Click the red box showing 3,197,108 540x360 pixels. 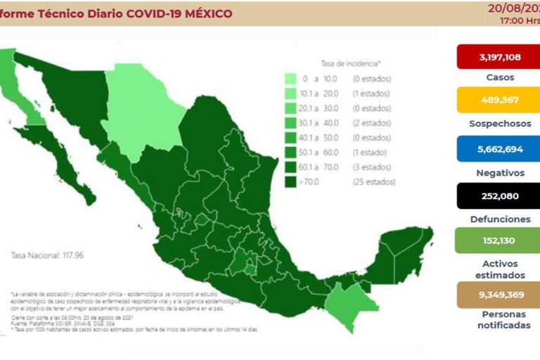(x=499, y=56)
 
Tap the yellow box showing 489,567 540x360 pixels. (x=499, y=100)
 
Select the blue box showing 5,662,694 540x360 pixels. (x=499, y=149)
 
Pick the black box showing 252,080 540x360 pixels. (x=499, y=196)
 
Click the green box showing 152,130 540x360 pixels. (x=499, y=240)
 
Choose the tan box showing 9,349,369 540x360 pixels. (x=499, y=294)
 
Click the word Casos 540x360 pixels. (x=500, y=77)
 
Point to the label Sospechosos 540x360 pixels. (x=500, y=124)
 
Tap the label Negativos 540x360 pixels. (x=500, y=172)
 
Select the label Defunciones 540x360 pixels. (x=500, y=219)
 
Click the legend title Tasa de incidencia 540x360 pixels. (x=350, y=63)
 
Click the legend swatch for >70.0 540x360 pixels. (x=290, y=182)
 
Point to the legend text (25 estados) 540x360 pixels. (x=373, y=182)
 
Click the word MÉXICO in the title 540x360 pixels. (x=206, y=14)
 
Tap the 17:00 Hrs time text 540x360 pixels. (x=519, y=21)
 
